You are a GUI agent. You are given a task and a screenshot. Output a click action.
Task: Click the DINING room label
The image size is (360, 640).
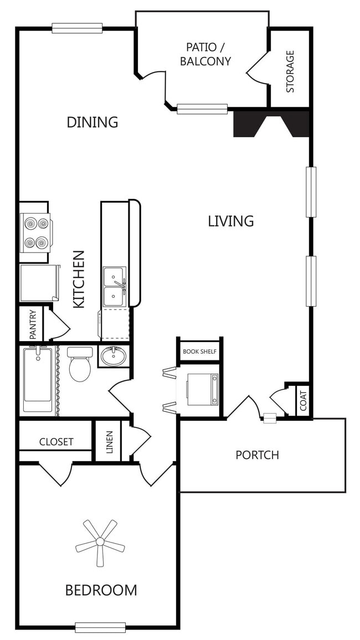coord(92,122)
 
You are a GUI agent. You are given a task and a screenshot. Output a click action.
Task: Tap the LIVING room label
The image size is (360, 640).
coord(231,221)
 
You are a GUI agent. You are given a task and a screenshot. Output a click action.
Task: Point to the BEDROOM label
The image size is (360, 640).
coord(101,590)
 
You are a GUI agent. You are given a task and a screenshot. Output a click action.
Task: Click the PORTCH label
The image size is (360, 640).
coord(257,455)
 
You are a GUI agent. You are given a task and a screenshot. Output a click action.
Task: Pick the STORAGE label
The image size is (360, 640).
coord(290,71)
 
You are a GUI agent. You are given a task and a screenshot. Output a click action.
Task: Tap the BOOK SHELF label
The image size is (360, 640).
coord(199,351)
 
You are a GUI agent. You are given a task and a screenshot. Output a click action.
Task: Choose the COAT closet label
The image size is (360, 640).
coord(304,401)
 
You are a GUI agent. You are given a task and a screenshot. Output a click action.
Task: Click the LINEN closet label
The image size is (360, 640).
coord(109,442)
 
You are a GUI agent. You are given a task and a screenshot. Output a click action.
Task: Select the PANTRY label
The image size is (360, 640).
coord(33,325)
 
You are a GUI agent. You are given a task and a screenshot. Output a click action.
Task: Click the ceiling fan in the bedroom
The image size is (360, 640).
coord(100,543)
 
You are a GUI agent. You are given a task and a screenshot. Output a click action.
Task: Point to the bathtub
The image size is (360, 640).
coord(38,380)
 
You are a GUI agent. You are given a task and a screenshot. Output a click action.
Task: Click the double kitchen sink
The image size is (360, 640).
coord(115,287)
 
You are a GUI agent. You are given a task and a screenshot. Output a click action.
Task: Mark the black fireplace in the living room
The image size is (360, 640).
coord(271,123)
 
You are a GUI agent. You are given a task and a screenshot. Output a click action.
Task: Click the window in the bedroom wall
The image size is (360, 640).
coord(100,627)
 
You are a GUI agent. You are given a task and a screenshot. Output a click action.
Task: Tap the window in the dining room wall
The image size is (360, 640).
coord(77,28)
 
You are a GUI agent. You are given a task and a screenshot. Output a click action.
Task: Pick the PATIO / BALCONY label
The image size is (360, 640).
coord(205,54)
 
